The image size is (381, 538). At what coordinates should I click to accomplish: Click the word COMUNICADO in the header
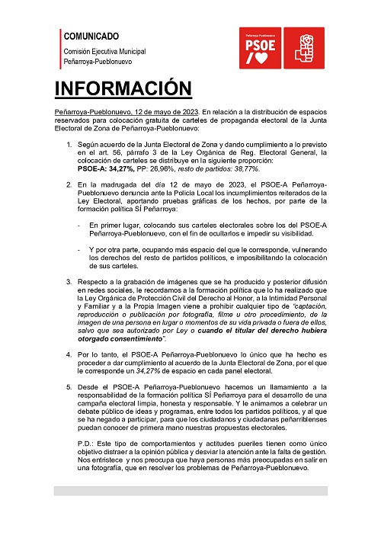pyautogui.click(x=91, y=36)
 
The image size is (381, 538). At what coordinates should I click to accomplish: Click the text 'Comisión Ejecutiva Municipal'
pyautogui.click(x=105, y=50)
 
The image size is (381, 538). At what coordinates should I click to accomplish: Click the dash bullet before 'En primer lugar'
pyautogui.click(x=79, y=226)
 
